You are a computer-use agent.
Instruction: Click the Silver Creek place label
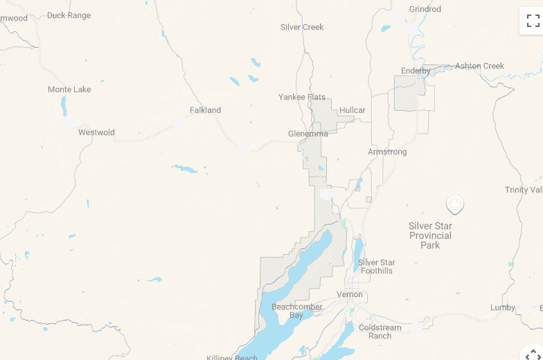(302, 27)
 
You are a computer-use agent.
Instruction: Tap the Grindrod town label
(425, 9)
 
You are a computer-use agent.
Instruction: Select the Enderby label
(416, 71)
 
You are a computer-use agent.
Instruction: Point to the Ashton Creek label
(479, 66)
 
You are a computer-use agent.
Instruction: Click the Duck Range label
(69, 15)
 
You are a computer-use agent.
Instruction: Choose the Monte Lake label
(69, 89)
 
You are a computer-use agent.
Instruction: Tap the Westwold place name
(96, 132)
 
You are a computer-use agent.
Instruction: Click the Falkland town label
(205, 110)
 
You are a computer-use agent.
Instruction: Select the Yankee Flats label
(302, 97)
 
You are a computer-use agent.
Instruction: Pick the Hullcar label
(353, 110)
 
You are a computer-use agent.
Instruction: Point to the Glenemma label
(308, 134)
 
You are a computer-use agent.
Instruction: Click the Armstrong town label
(387, 152)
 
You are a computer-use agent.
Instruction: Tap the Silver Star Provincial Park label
(430, 235)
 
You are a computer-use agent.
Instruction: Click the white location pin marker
(454, 204)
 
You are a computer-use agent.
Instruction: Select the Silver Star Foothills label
(377, 267)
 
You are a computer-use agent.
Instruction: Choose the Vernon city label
(350, 294)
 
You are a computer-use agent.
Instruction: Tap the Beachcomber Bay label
(296, 311)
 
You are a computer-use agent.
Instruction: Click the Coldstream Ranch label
(380, 332)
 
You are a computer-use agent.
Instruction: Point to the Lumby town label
(503, 307)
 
